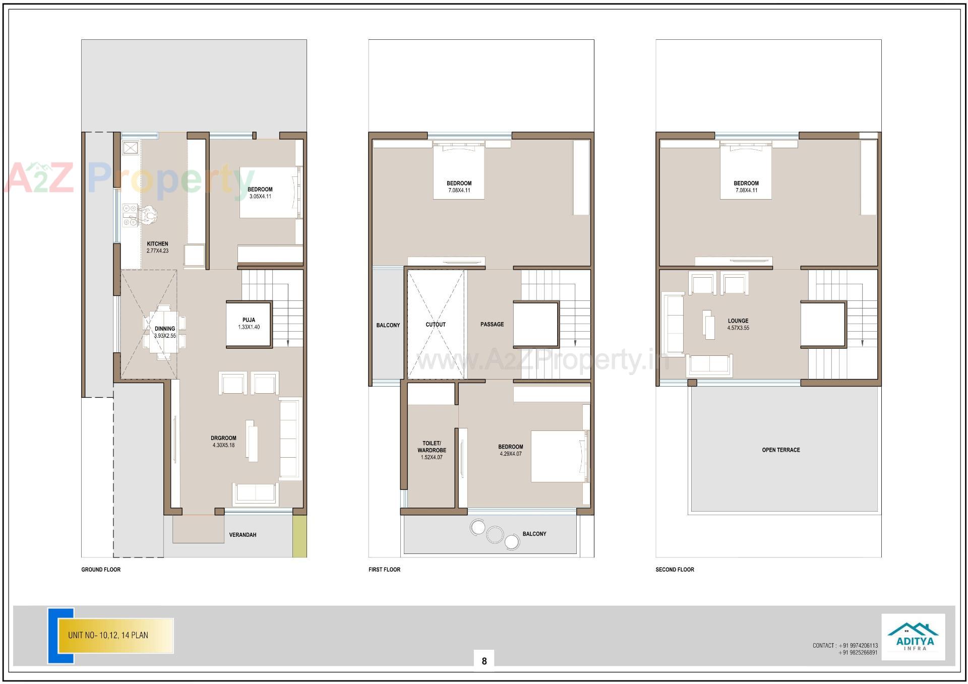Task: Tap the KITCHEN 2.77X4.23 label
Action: (x=157, y=247)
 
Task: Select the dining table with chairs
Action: (x=164, y=332)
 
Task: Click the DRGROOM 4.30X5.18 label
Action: (x=223, y=442)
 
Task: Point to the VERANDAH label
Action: (x=243, y=535)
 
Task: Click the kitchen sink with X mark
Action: (x=131, y=148)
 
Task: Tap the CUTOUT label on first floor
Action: (x=436, y=325)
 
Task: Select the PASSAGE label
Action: (x=492, y=325)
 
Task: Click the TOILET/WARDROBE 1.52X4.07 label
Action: (x=432, y=450)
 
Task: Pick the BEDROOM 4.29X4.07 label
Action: (x=511, y=450)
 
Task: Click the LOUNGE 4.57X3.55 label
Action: (x=738, y=324)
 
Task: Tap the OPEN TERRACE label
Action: (x=781, y=450)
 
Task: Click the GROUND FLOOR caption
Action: (x=101, y=570)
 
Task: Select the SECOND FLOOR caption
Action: (x=675, y=570)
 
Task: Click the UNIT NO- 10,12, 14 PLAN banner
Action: (x=116, y=636)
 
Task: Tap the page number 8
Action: (x=484, y=661)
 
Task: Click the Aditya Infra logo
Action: (x=913, y=637)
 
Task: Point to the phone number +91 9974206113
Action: (x=859, y=646)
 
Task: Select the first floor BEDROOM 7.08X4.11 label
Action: (x=459, y=187)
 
